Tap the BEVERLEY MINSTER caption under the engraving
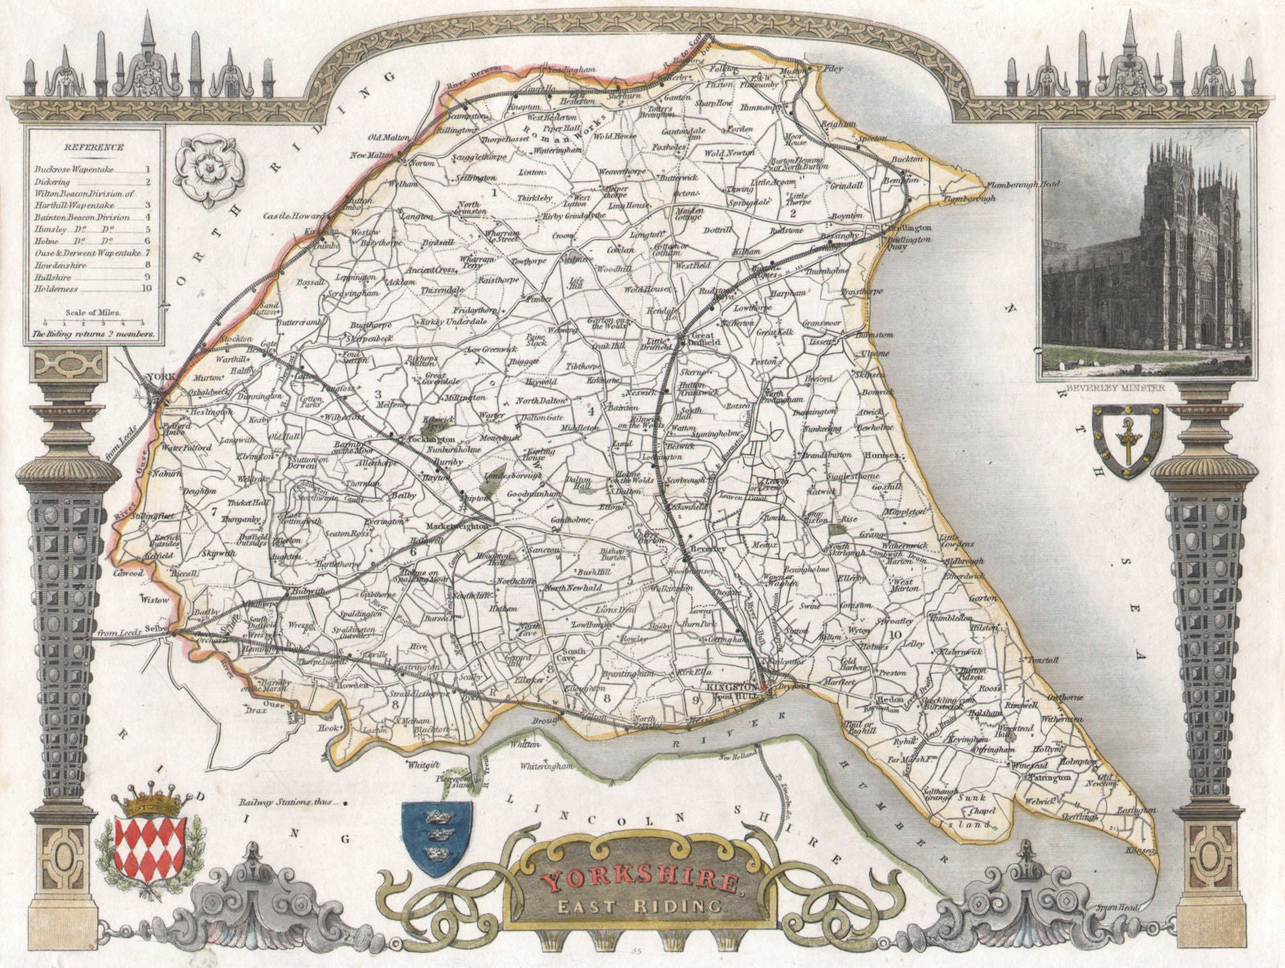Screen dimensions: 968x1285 point(1117,386)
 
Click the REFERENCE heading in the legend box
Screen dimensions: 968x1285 point(96,148)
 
